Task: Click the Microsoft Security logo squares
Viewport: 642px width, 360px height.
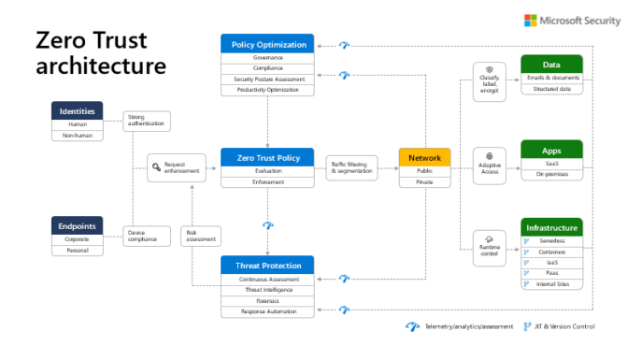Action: pos(531,21)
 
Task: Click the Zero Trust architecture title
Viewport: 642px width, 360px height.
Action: pos(101,53)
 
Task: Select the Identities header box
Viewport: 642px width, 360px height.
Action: pos(77,111)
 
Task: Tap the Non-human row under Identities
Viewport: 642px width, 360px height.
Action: pos(77,135)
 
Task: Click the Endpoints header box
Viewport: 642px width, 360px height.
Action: pos(77,225)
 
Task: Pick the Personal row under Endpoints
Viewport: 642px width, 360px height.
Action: pos(77,251)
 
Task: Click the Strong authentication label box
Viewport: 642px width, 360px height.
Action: pos(145,121)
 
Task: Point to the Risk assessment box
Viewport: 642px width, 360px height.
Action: pos(198,235)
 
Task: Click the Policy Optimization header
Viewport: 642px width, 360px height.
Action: pos(267,44)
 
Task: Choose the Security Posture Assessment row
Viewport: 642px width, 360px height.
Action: pos(267,79)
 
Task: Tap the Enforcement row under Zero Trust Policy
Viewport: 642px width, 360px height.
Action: pos(267,182)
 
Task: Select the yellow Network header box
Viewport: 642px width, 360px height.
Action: pos(424,158)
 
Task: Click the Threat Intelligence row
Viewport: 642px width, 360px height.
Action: pos(267,290)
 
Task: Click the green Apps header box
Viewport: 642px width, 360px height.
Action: pos(551,150)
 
